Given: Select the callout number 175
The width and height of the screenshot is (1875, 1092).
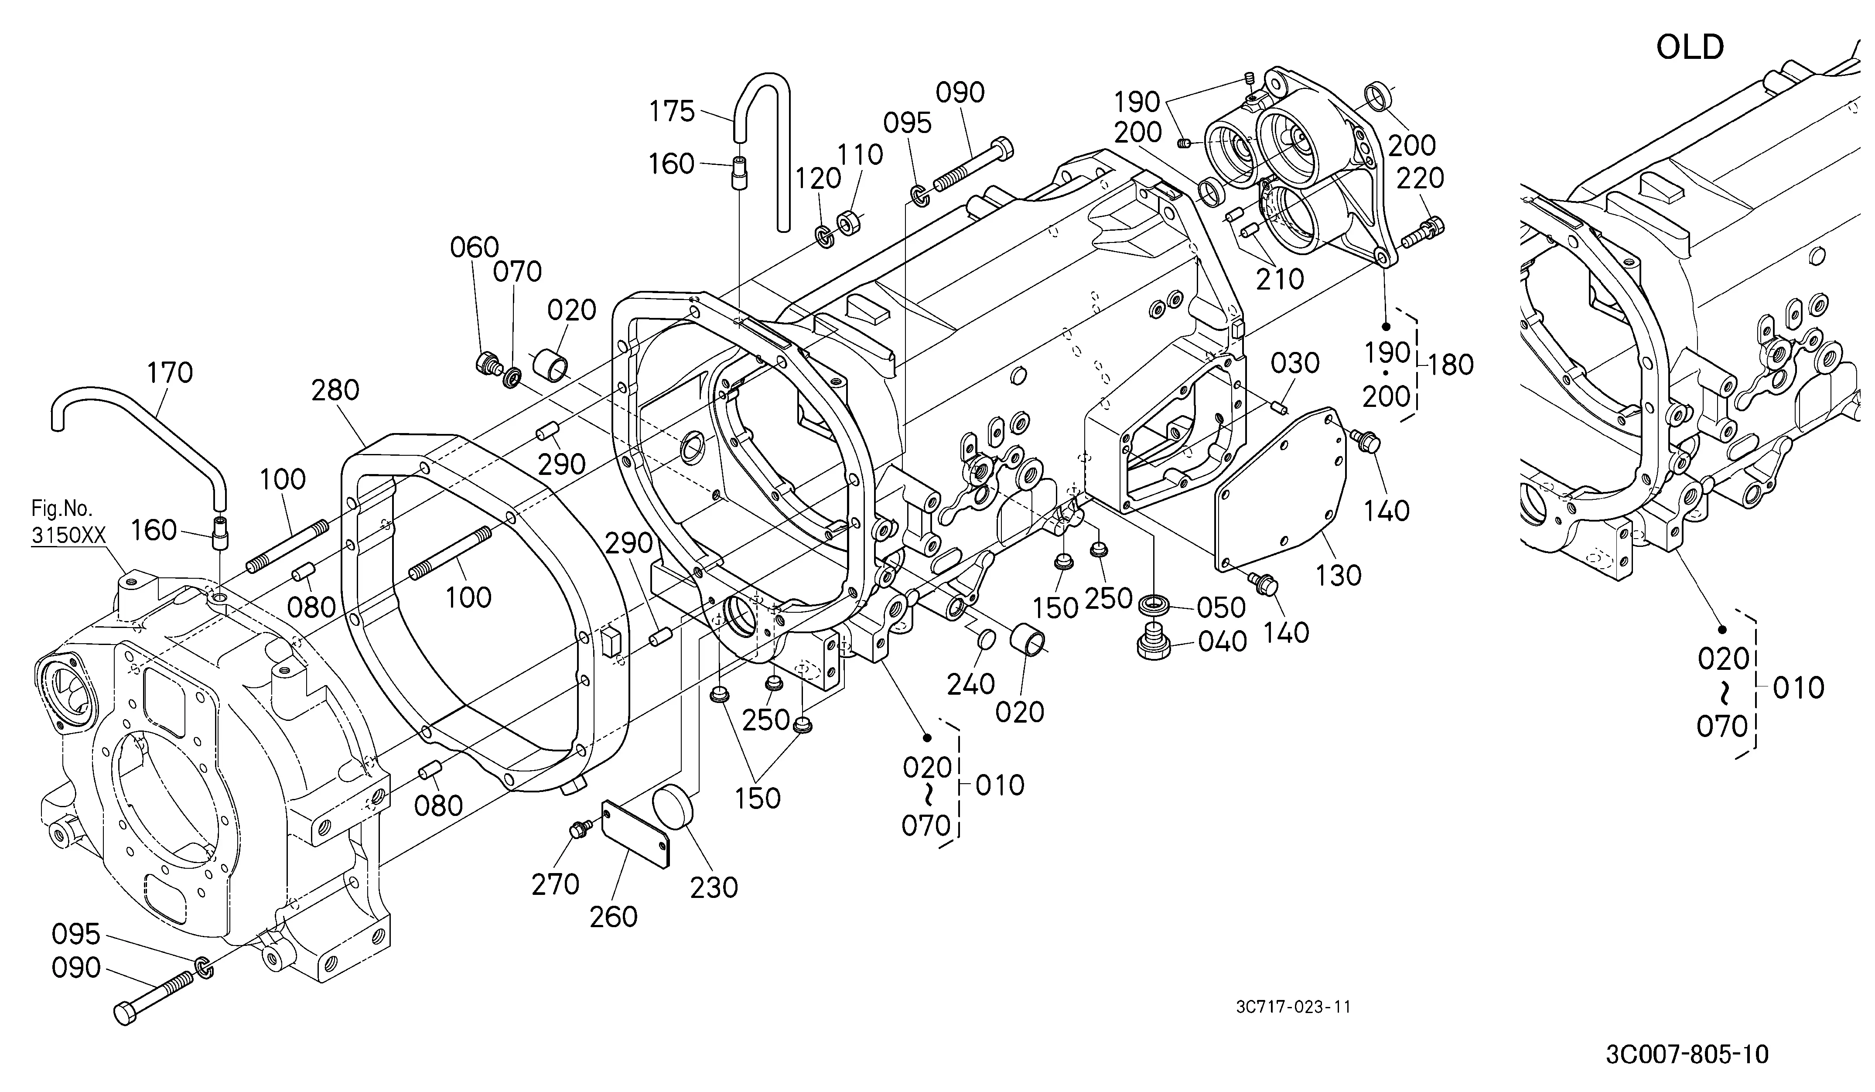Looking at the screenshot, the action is (672, 112).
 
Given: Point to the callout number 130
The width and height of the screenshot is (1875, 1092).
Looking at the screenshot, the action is (1339, 575).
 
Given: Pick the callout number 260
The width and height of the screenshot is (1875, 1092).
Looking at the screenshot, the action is (614, 916).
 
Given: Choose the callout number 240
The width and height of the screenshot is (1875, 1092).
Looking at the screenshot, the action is (971, 684).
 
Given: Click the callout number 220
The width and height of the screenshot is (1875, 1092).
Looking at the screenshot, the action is (1421, 178).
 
